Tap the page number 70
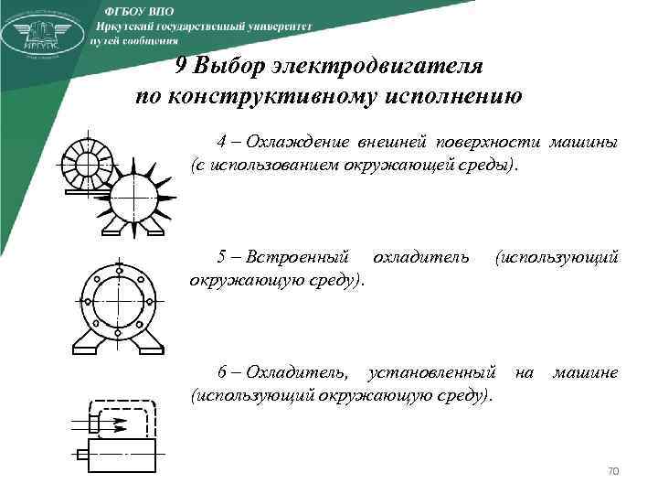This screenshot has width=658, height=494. tap(613, 471)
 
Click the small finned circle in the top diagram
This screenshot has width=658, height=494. tap(87, 166)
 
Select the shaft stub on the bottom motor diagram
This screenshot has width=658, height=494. tap(81, 454)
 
